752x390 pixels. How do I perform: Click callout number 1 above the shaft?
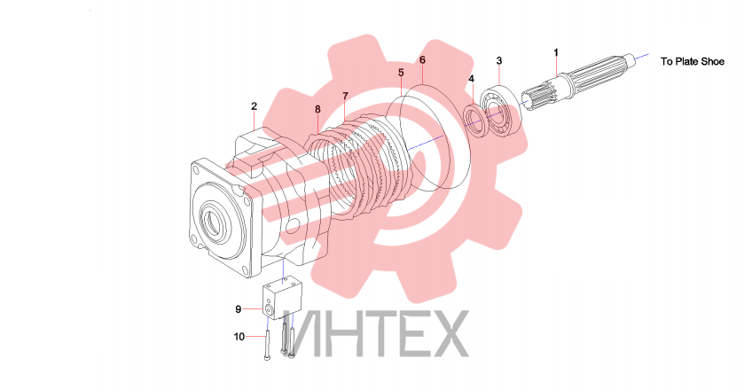click(x=556, y=52)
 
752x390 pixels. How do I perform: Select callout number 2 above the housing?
click(x=255, y=106)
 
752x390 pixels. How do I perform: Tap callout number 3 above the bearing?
click(x=499, y=61)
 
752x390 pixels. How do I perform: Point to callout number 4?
click(x=472, y=79)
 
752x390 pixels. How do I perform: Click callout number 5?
click(x=401, y=73)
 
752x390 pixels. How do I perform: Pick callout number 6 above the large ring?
click(x=422, y=60)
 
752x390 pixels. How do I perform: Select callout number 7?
click(x=345, y=97)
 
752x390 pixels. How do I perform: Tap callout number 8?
click(x=317, y=109)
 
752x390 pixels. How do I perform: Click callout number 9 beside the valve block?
click(x=238, y=309)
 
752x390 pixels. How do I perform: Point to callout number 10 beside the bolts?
click(x=239, y=337)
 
